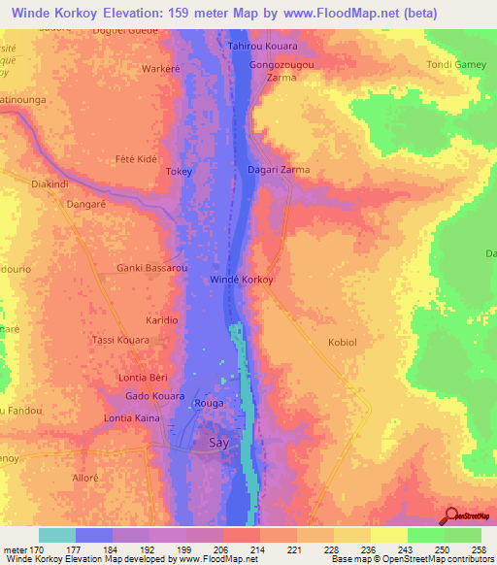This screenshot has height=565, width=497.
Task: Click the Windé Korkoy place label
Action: point(242,280)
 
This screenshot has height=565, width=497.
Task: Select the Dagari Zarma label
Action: point(279,170)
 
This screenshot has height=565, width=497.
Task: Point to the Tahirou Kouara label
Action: point(262,47)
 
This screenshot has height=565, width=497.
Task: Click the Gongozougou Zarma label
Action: point(282,69)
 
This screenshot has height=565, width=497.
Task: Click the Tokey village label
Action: point(180,172)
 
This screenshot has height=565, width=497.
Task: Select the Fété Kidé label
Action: point(136,158)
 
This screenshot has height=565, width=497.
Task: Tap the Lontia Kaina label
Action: point(132,418)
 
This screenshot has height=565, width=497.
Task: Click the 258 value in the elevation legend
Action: point(480,551)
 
